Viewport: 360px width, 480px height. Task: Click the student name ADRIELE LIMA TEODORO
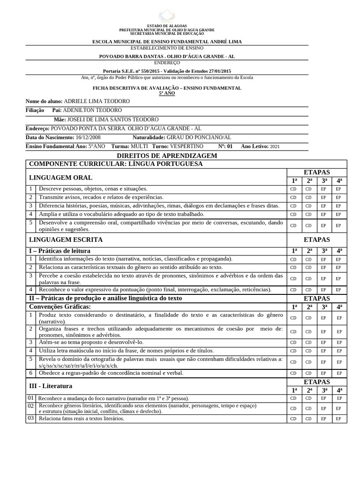click(97, 101)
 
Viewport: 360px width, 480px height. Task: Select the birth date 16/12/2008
click(88, 138)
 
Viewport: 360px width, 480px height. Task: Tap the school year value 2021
click(275, 147)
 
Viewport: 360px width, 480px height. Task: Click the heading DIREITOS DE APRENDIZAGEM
click(166, 156)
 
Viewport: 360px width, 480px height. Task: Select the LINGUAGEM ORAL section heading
click(61, 178)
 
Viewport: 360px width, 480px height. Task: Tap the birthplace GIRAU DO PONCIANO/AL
click(199, 138)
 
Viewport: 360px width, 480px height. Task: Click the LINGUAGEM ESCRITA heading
click(66, 240)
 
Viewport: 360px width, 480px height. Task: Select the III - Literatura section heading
click(51, 386)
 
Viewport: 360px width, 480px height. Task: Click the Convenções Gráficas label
click(60, 306)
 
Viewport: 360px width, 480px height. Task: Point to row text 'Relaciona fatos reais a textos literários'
click(82, 418)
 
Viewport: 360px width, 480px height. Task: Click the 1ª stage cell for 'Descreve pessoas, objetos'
click(294, 189)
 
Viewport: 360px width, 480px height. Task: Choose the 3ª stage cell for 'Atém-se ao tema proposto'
click(323, 343)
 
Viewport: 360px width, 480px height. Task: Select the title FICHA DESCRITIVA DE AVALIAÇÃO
click(166, 88)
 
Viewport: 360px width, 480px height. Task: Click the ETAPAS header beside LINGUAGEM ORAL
click(316, 172)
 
